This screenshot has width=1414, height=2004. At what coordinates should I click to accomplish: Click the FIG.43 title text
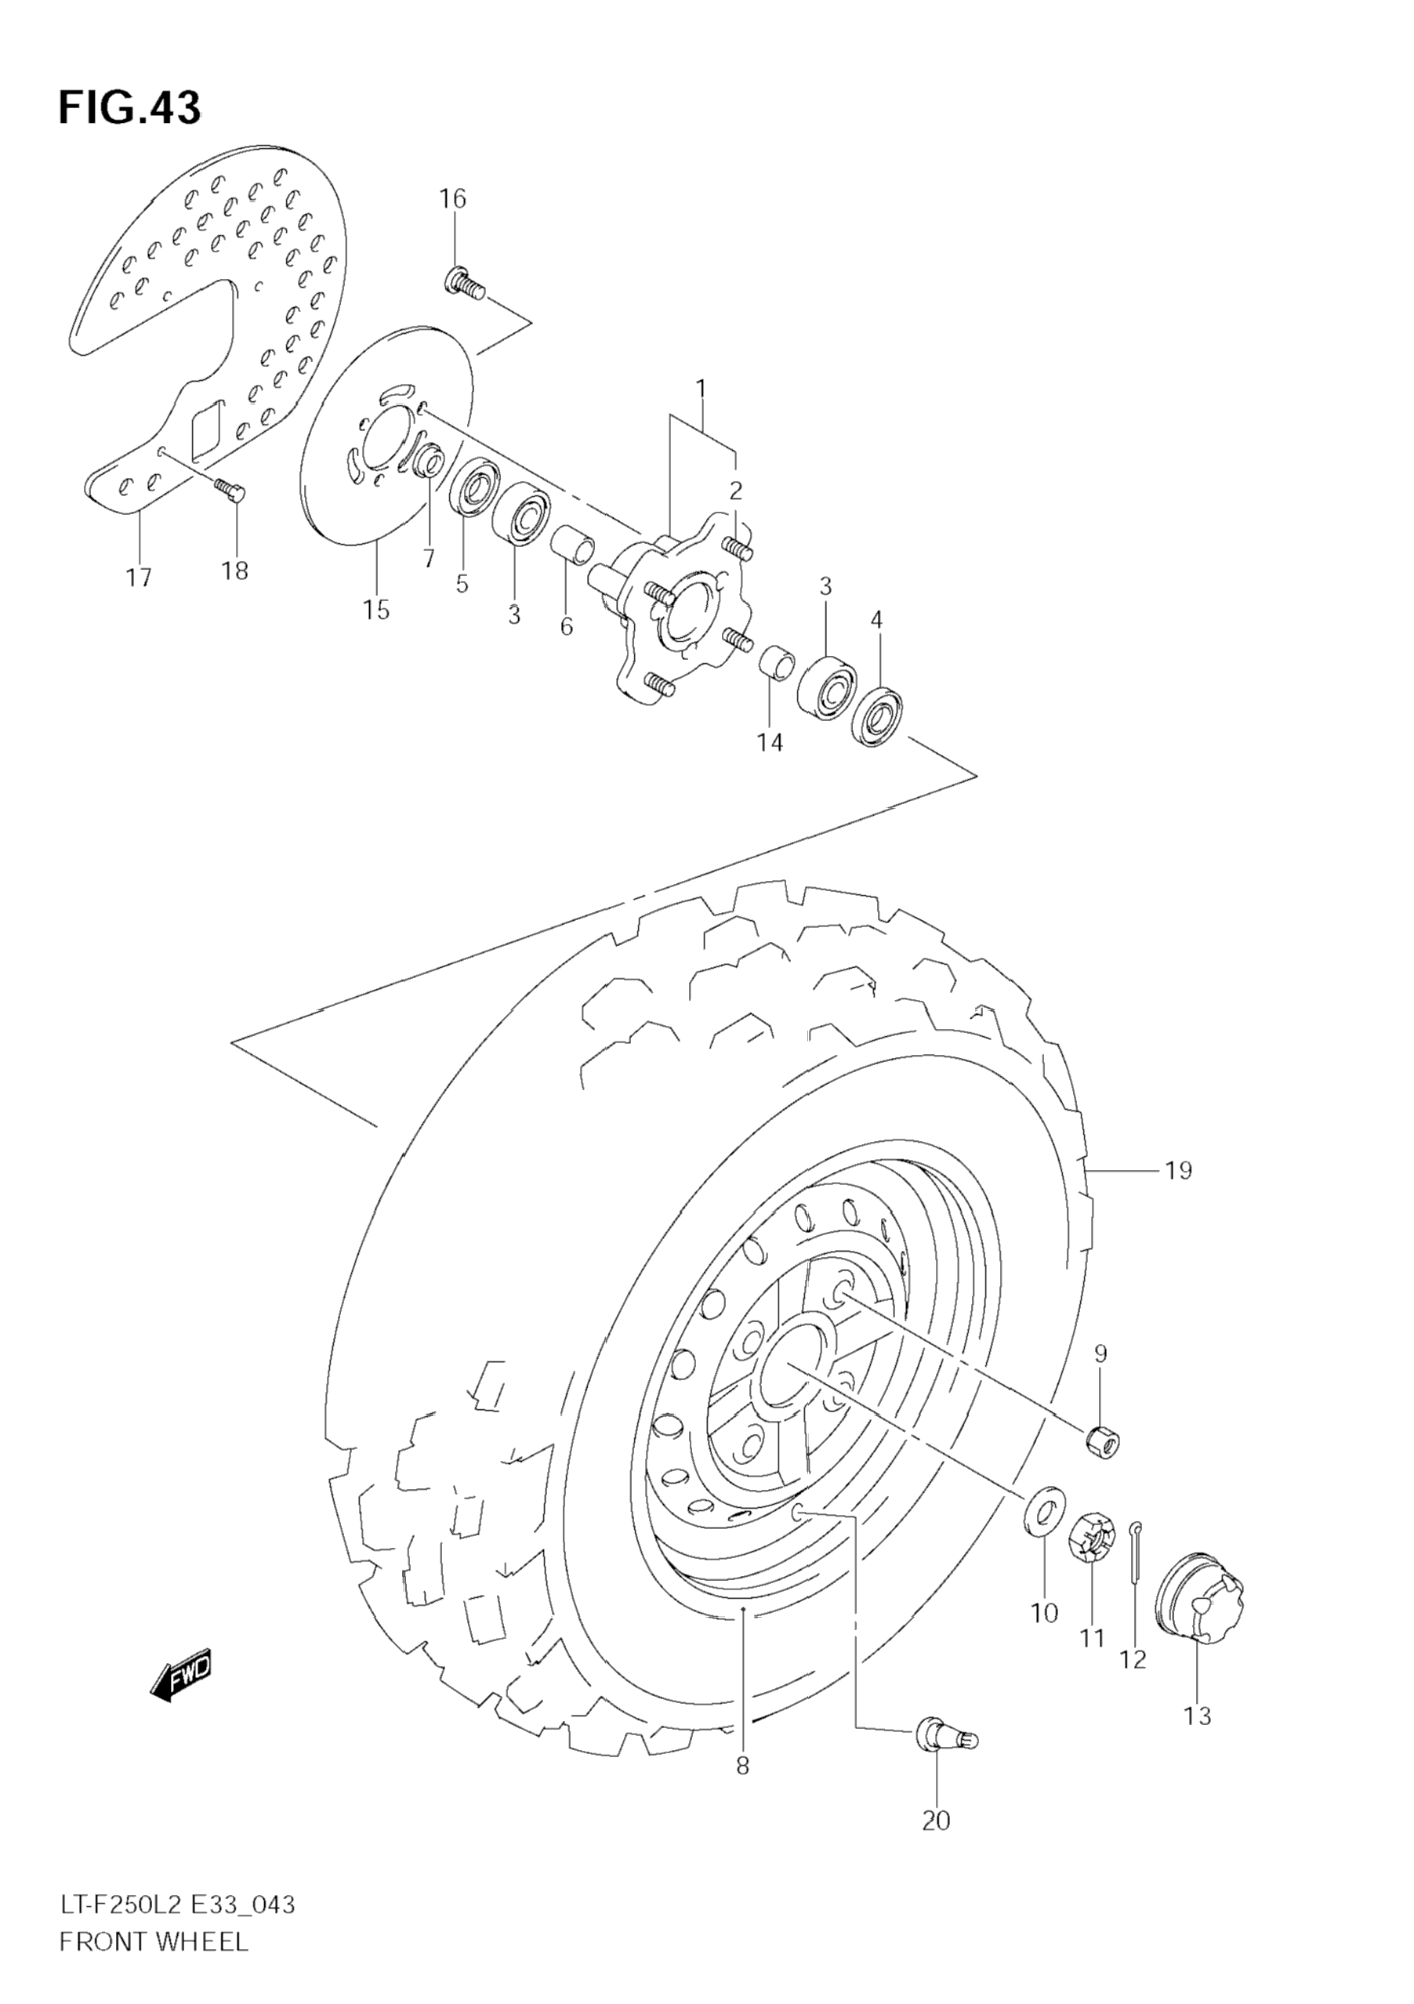[129, 108]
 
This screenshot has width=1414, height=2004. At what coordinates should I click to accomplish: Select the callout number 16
[452, 199]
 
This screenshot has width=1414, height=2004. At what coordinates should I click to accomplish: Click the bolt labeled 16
[464, 283]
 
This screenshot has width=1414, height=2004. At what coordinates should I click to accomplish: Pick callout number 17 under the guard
[139, 577]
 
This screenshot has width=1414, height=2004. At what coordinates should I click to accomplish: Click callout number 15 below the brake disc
[376, 609]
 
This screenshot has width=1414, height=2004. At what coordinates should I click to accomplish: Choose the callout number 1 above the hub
[700, 386]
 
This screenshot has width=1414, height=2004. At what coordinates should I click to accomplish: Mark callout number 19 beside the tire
[1178, 1170]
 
